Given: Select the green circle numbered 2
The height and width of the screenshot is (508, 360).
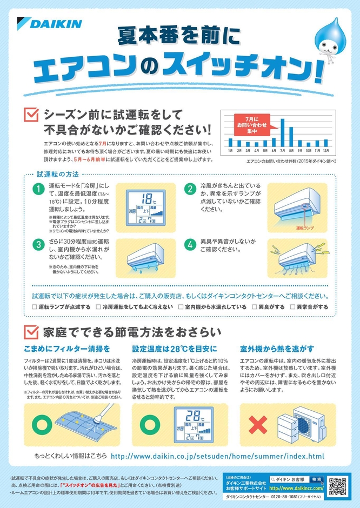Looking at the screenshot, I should click(190, 189).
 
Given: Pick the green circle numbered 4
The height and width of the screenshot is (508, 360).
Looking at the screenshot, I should click(190, 244).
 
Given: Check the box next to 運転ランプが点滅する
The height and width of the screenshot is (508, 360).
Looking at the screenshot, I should click(35, 307).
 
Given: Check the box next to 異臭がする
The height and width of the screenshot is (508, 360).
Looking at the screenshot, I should click(255, 307).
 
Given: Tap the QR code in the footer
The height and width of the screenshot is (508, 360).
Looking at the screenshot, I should click(337, 486).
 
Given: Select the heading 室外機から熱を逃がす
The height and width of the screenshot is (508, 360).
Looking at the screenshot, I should click(276, 349).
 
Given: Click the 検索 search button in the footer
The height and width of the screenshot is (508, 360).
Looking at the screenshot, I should click(317, 479).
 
